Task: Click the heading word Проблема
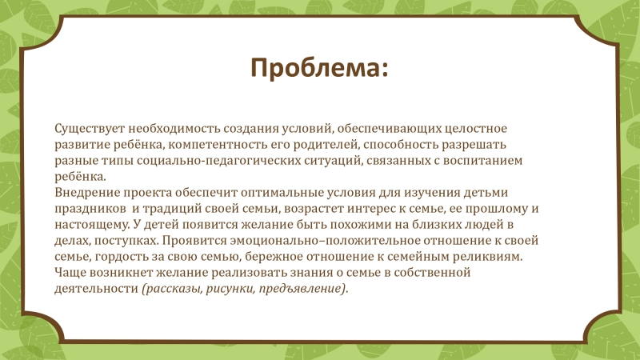(316, 69)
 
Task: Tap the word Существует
(90, 129)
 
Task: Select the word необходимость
(174, 129)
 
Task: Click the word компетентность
(218, 145)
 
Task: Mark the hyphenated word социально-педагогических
(218, 161)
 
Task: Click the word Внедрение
(87, 193)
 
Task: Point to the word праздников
(90, 209)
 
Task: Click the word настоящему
(93, 225)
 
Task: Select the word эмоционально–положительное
(325, 241)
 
